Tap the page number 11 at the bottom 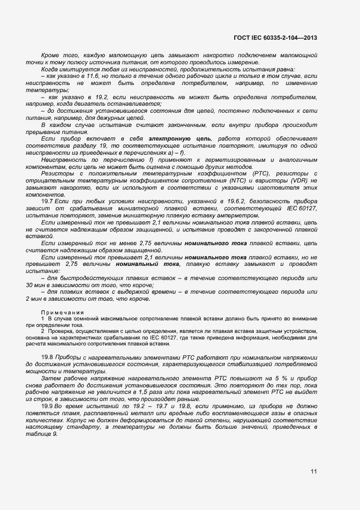(x=314, y=471)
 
